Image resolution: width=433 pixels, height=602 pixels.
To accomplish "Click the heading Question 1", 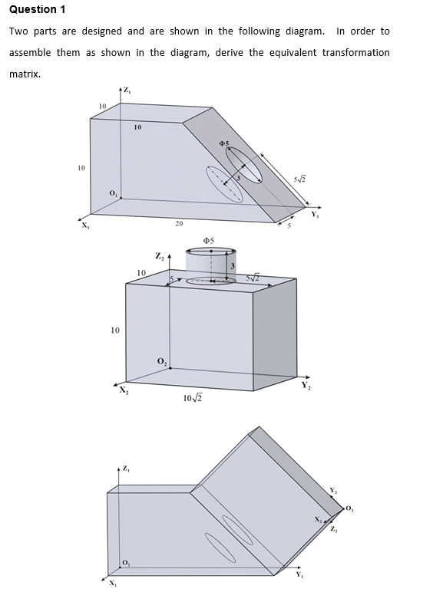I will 36,9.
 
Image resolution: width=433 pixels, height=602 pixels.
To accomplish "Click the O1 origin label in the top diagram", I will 114,191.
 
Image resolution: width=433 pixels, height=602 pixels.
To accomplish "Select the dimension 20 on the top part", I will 178,224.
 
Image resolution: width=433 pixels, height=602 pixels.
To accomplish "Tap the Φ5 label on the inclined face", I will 223,143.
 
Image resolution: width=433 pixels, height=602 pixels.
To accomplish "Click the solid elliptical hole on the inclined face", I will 243,163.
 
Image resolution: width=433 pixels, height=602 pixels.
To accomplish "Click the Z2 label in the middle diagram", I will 159,256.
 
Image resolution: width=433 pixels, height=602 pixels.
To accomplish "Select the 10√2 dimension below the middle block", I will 194,397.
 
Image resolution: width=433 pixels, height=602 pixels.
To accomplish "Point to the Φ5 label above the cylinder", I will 207,241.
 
